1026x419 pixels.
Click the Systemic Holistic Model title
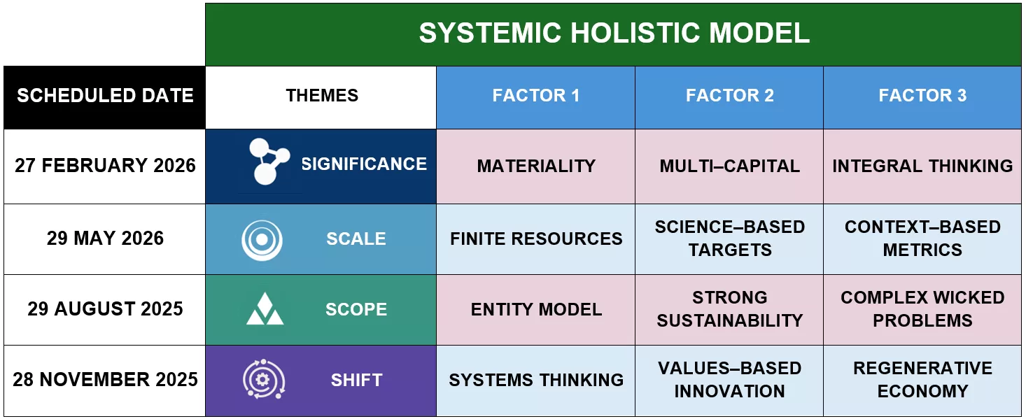[x=614, y=33]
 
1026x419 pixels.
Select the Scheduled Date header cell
[x=105, y=97]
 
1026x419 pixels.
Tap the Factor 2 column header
[x=729, y=97]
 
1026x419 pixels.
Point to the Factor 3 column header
[x=922, y=97]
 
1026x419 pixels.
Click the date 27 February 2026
[x=105, y=165]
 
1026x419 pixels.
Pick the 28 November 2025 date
[x=105, y=380]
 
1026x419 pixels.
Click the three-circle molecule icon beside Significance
[x=269, y=161]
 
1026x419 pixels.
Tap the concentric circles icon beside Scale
[x=262, y=240]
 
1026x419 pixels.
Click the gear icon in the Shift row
[x=264, y=379]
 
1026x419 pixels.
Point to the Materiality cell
[x=536, y=166]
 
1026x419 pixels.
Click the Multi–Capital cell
[x=729, y=166]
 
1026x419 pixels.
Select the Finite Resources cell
[x=536, y=239]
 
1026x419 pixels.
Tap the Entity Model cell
[x=536, y=310]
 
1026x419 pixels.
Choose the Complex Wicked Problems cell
[x=922, y=310]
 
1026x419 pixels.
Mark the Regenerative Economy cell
[x=922, y=380]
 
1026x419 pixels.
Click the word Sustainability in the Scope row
[x=730, y=320]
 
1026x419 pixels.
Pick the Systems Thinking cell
[x=536, y=380]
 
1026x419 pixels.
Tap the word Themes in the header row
[x=322, y=95]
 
